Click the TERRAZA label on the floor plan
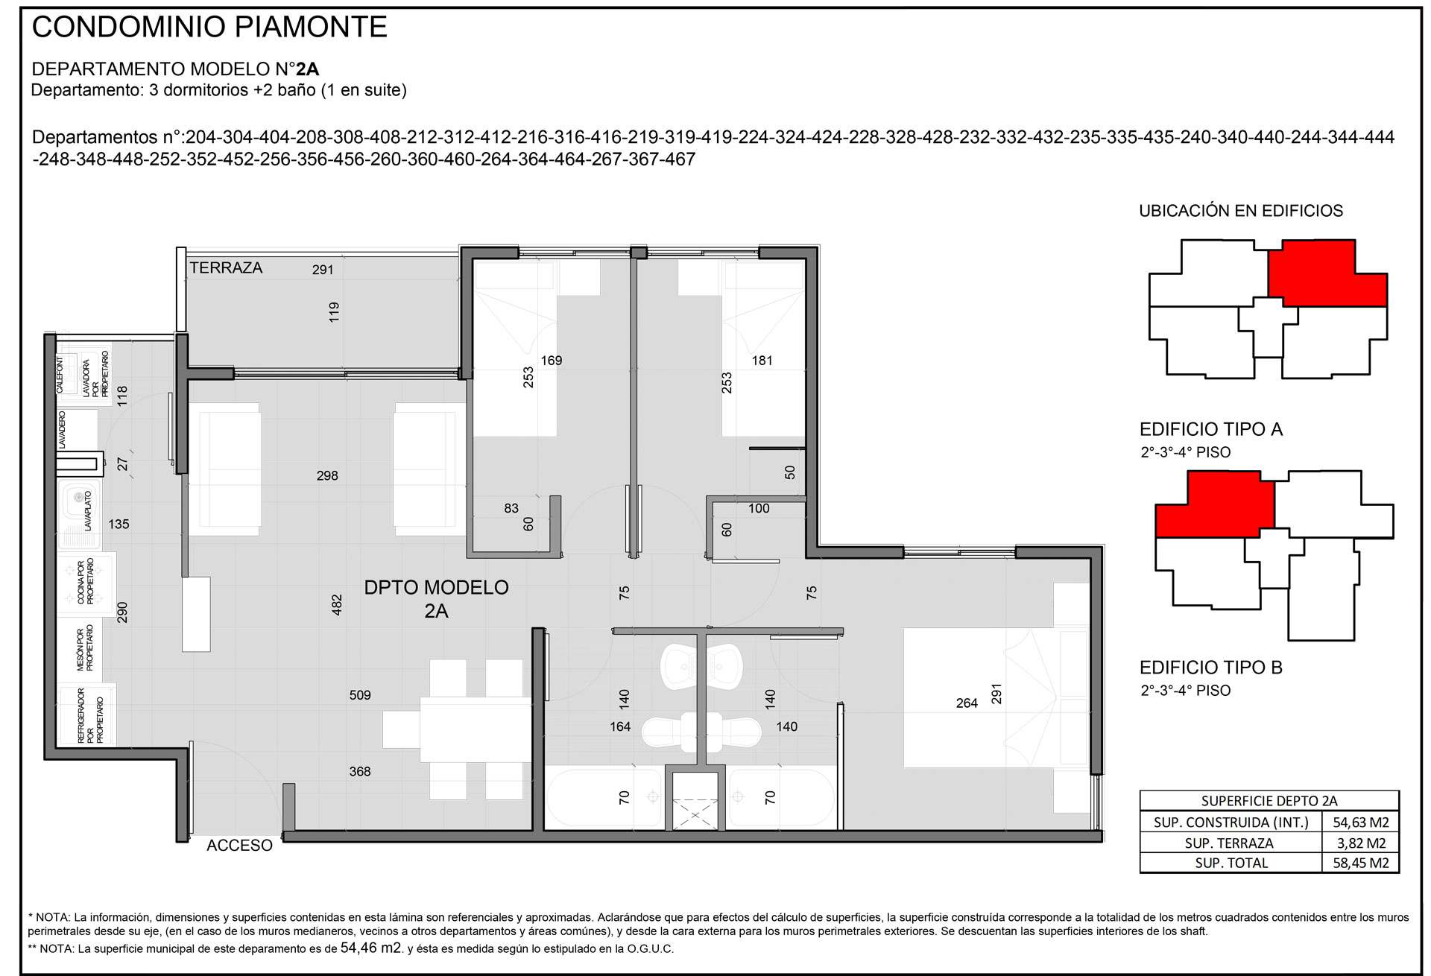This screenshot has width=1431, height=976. coord(226,268)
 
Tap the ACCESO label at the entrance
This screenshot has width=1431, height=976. coord(239,846)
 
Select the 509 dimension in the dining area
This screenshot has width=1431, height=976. coord(360,695)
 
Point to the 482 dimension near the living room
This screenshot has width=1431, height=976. coord(337,604)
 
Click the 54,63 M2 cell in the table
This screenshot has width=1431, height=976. coord(1360,823)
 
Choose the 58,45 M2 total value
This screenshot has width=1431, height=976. coord(1360,863)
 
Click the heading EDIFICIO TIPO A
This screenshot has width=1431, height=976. coord(1211,429)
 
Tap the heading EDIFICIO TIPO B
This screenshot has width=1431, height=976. coord(1211,668)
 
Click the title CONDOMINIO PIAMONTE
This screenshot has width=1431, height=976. coord(209,27)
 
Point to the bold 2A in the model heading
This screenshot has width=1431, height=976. coord(307,69)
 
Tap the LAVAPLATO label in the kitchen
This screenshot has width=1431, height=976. coord(88,510)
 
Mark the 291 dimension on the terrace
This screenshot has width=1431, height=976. coord(323,270)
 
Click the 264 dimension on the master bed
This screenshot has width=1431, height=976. coord(967,703)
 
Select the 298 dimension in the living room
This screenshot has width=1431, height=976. coord(327,475)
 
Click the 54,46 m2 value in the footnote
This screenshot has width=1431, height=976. coord(371,948)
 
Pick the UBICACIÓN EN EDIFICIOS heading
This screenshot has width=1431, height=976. coord(1241,211)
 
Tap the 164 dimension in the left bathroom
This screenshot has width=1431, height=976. coord(620,726)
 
